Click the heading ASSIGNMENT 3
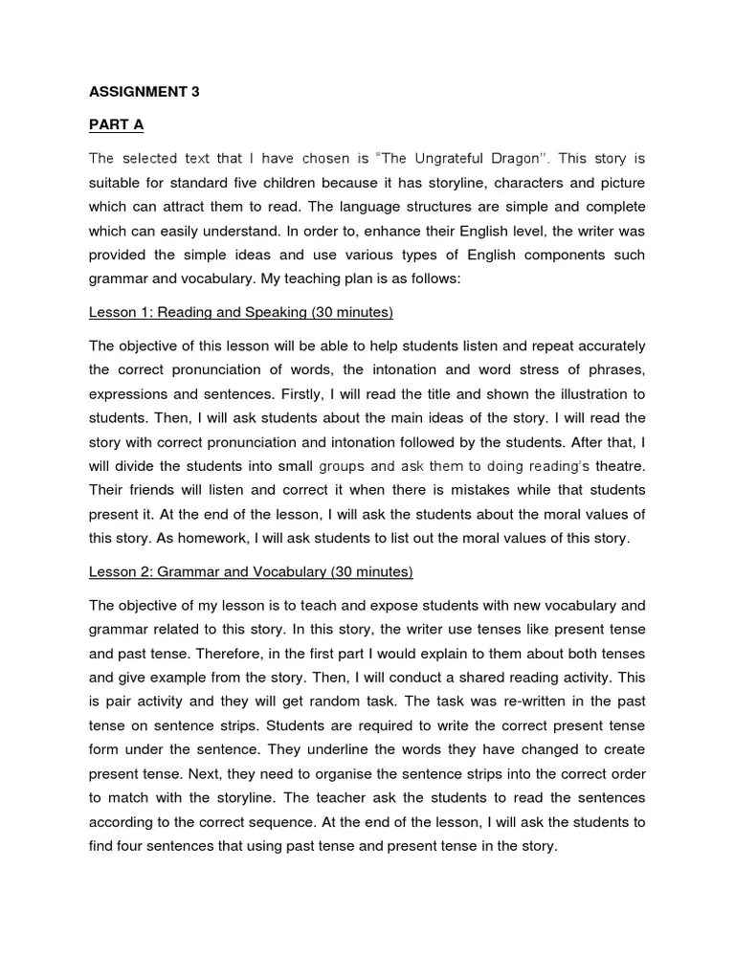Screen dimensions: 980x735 [x=145, y=93]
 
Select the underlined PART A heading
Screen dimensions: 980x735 [x=114, y=125]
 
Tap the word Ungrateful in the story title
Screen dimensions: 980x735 [x=457, y=158]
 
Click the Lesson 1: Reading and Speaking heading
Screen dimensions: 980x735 [x=240, y=313]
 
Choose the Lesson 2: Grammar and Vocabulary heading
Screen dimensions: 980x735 [x=251, y=572]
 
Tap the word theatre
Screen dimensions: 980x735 [x=621, y=466]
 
